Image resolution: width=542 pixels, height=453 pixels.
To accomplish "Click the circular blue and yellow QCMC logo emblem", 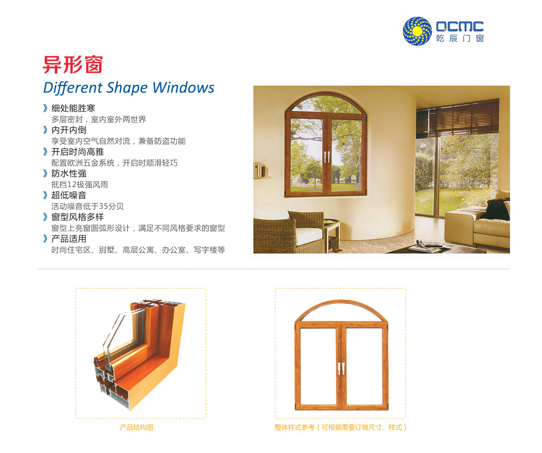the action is click(417, 31).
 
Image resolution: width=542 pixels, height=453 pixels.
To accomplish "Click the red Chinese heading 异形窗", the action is click(73, 65).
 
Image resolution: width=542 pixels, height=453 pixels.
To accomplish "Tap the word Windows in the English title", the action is click(183, 88).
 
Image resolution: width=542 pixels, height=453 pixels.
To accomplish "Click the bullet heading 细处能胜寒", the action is click(73, 108).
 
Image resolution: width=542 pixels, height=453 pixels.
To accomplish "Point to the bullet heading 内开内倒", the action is click(69, 130).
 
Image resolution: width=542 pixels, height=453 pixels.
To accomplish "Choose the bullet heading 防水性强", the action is click(69, 173).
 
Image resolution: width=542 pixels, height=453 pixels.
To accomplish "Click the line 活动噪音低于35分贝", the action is click(88, 206).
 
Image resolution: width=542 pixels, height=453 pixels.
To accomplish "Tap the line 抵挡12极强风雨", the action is click(80, 184).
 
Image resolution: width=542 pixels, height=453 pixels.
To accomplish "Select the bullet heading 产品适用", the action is click(69, 239).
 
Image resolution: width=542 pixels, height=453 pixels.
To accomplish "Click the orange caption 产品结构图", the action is click(137, 428).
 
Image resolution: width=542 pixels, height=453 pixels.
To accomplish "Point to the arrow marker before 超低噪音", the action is click(45, 195).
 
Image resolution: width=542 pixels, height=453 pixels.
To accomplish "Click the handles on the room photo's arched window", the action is click(327, 157).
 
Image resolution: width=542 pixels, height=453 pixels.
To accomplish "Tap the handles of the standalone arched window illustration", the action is click(341, 368).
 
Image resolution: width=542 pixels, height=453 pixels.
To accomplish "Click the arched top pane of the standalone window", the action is click(341, 311).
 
